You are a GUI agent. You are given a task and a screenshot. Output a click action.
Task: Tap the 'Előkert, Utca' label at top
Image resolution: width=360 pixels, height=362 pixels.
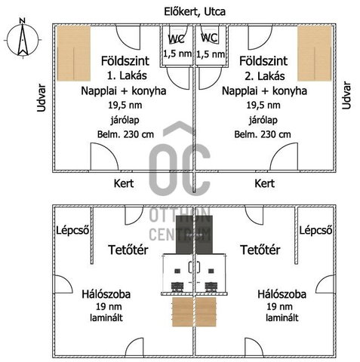pos(195,12)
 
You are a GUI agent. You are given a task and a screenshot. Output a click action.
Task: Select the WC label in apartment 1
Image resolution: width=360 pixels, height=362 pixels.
pos(176,38)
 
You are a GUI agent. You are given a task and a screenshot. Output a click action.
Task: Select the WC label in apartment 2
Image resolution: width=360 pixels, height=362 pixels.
pos(209,38)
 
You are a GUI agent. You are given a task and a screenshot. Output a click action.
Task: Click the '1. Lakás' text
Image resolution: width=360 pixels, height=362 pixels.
pos(127,75)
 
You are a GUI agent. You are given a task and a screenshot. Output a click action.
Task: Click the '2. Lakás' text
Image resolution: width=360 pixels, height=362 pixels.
pos(265,76)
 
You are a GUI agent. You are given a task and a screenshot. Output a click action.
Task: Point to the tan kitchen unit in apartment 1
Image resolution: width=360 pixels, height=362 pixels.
pos(74,54)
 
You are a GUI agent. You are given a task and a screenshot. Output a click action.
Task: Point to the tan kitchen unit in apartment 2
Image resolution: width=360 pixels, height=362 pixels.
pos(315,54)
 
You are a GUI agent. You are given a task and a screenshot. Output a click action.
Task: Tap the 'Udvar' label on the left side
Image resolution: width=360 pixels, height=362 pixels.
pos(42,98)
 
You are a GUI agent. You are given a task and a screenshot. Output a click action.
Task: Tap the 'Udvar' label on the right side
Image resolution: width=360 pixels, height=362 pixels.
pos(346,95)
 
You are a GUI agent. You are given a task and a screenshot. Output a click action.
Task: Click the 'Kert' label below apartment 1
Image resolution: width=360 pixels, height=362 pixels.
pos(124,183)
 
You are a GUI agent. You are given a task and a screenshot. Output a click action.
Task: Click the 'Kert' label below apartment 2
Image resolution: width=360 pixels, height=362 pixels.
pos(264,183)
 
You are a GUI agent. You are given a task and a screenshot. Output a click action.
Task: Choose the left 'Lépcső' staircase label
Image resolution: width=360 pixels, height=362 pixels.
pos(72,230)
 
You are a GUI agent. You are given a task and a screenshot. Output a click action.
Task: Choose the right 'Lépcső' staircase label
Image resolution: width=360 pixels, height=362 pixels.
pos(315,230)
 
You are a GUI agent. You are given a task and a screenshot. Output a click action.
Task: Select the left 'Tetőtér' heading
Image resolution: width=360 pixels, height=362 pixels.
pos(128,250)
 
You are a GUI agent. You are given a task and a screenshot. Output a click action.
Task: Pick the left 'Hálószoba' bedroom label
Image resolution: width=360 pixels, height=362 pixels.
pos(106,294)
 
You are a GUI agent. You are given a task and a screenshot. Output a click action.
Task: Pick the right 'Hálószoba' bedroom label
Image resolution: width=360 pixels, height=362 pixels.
pos(282,294)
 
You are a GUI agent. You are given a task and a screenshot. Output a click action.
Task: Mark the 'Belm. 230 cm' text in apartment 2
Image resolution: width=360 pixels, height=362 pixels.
pos(263,134)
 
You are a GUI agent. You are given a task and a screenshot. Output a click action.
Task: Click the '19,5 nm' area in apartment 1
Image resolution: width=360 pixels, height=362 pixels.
pos(125,105)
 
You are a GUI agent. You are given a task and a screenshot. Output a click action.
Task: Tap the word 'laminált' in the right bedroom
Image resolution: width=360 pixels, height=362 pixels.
pos(282,318)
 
